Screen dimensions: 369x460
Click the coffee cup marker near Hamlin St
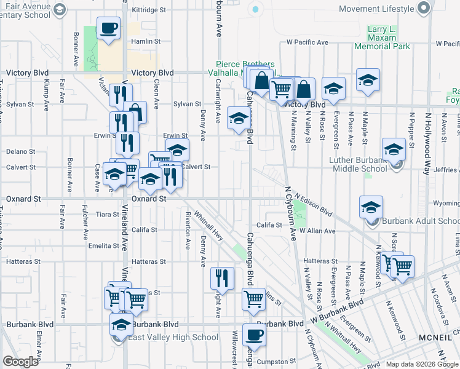pos(109,28)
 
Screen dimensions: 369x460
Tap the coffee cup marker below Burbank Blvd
pos(254,336)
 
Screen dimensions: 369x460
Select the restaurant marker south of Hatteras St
pos(222,279)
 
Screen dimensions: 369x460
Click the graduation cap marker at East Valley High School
pos(121,324)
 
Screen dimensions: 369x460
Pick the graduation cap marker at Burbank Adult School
pos(371,207)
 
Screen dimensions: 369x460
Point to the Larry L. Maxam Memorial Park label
pos(380,38)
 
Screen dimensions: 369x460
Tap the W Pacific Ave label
pos(307,42)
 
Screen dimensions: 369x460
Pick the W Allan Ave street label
pos(317,231)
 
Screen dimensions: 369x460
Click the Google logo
pos(20,362)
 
